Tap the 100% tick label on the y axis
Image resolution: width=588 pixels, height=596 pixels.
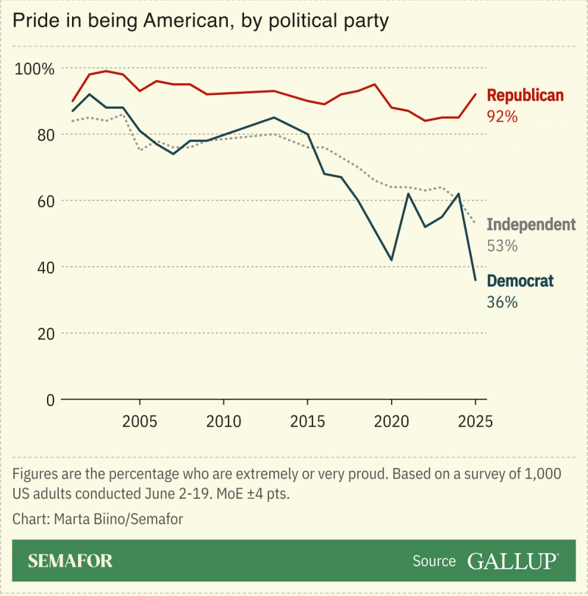pos(35,69)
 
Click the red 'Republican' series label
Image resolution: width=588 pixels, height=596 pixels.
pos(525,96)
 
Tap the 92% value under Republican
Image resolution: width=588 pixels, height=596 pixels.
pos(503,116)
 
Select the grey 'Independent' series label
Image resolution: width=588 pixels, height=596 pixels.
pos(531,224)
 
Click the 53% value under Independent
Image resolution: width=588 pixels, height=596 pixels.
pos(503,246)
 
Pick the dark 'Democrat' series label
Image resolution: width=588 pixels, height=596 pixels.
pos(520,280)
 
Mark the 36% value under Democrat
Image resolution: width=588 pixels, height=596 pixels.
pos(503,302)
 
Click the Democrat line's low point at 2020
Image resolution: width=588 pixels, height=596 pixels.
pos(392,260)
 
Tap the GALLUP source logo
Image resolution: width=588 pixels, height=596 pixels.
pos(513,561)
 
